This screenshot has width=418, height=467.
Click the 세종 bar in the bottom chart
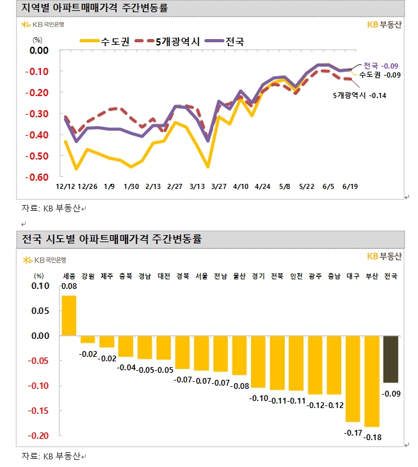tap(68, 315)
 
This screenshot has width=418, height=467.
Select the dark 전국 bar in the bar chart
tap(390, 359)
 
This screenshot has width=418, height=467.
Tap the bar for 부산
tap(372, 381)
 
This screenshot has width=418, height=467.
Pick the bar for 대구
tap(353, 378)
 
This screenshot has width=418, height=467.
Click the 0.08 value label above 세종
tap(68, 288)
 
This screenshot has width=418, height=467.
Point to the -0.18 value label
tap(372, 437)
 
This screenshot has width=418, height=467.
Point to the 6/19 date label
tap(350, 186)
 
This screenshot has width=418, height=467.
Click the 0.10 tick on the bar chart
tap(40, 286)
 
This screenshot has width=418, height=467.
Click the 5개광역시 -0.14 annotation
tap(359, 95)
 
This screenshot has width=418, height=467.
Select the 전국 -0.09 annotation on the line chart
tap(381, 65)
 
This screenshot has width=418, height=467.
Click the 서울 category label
tap(201, 276)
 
